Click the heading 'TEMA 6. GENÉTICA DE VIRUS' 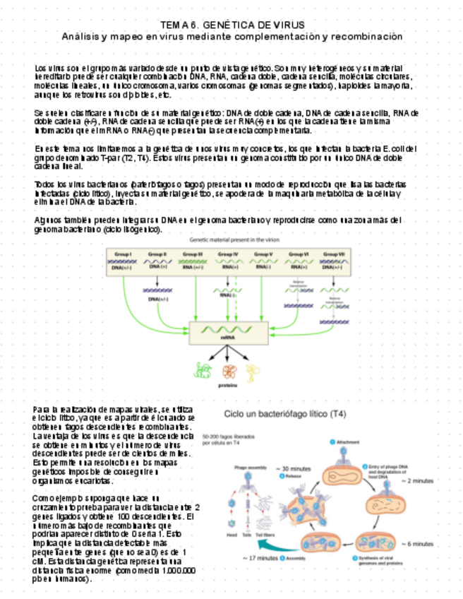(231, 24)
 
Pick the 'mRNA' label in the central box (227, 338)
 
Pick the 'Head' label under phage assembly (231, 535)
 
